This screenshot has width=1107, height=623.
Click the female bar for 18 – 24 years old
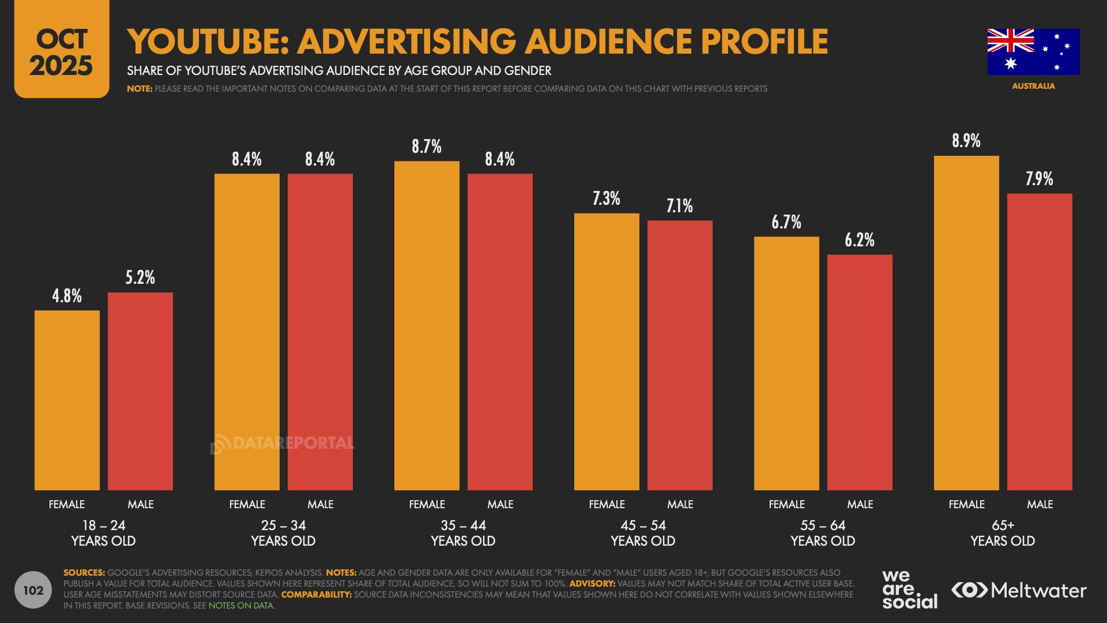tap(67, 400)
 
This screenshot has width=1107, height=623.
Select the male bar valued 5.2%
tap(140, 391)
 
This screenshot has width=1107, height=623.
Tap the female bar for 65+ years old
tap(966, 323)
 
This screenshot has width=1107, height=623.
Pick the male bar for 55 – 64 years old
tap(860, 372)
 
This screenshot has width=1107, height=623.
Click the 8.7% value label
tap(427, 147)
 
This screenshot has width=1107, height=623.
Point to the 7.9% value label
tap(1039, 179)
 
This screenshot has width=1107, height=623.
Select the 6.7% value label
tap(786, 222)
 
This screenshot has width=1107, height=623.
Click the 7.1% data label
tap(680, 206)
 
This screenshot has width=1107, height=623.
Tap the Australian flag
tap(1033, 52)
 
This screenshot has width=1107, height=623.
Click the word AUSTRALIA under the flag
tap(1033, 86)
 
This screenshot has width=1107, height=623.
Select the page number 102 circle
tap(33, 590)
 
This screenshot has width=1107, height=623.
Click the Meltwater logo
tap(1019, 590)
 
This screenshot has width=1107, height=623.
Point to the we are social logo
tap(909, 589)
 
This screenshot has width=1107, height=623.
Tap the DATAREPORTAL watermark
tap(283, 443)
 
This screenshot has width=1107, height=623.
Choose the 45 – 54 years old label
tap(643, 533)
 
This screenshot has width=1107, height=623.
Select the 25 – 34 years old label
tap(283, 533)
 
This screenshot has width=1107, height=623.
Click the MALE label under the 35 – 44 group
tap(500, 504)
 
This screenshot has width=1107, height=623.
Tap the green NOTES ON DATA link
tap(240, 606)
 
